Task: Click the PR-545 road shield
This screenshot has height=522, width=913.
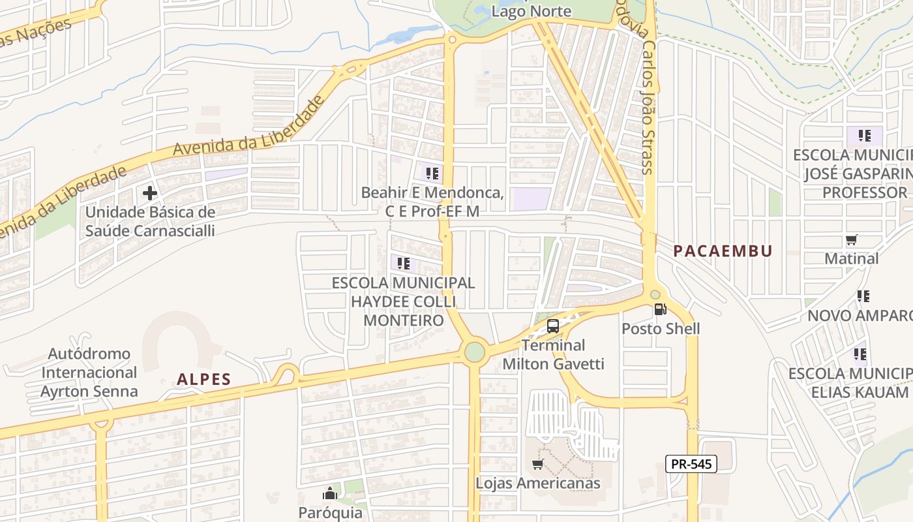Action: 691,464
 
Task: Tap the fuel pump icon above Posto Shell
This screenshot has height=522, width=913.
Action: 660,309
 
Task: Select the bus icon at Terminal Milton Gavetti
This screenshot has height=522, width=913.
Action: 553,326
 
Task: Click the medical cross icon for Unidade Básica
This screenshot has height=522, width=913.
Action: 150,193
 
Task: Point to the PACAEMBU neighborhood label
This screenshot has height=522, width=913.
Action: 723,251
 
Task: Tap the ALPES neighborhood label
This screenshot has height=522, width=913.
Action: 204,379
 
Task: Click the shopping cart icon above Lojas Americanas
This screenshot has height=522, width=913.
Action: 537,464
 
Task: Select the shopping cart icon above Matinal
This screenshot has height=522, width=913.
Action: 851,240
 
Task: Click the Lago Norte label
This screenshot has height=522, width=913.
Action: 531,11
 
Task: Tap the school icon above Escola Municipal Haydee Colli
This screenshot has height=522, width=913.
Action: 404,264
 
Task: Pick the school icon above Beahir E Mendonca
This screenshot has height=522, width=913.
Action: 432,173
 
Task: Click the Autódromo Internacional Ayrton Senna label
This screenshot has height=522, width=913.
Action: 89,373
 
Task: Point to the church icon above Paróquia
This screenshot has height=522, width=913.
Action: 330,493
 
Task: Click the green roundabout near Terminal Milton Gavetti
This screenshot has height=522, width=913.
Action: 475,352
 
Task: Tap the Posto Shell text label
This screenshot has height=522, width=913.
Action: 661,328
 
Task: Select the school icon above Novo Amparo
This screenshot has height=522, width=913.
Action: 863,296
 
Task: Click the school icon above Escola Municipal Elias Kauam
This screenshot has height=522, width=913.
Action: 860,354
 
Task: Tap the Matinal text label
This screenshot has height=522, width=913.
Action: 852,258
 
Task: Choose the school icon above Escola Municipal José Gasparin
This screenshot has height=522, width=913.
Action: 865,136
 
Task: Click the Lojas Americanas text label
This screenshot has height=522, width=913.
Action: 537,484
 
